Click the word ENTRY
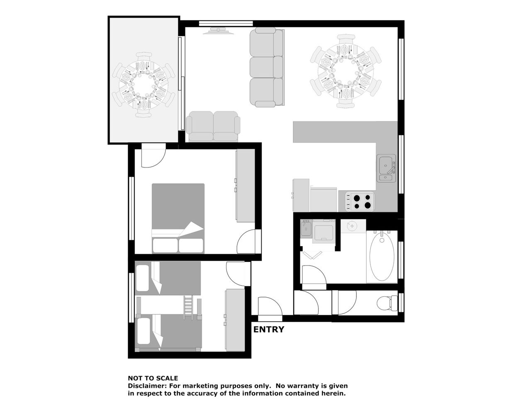click(x=268, y=330)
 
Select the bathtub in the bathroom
click(x=382, y=257)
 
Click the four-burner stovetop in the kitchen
click(x=360, y=201)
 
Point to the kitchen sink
click(x=386, y=168)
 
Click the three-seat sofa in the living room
click(x=267, y=67)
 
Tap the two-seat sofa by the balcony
click(x=213, y=126)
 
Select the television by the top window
click(x=219, y=31)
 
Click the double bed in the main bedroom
click(x=178, y=218)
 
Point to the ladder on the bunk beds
click(x=188, y=307)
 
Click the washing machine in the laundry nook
click(x=324, y=231)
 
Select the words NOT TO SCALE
click(x=153, y=378)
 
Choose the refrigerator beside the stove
click(x=323, y=199)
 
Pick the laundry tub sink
click(x=306, y=228)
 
